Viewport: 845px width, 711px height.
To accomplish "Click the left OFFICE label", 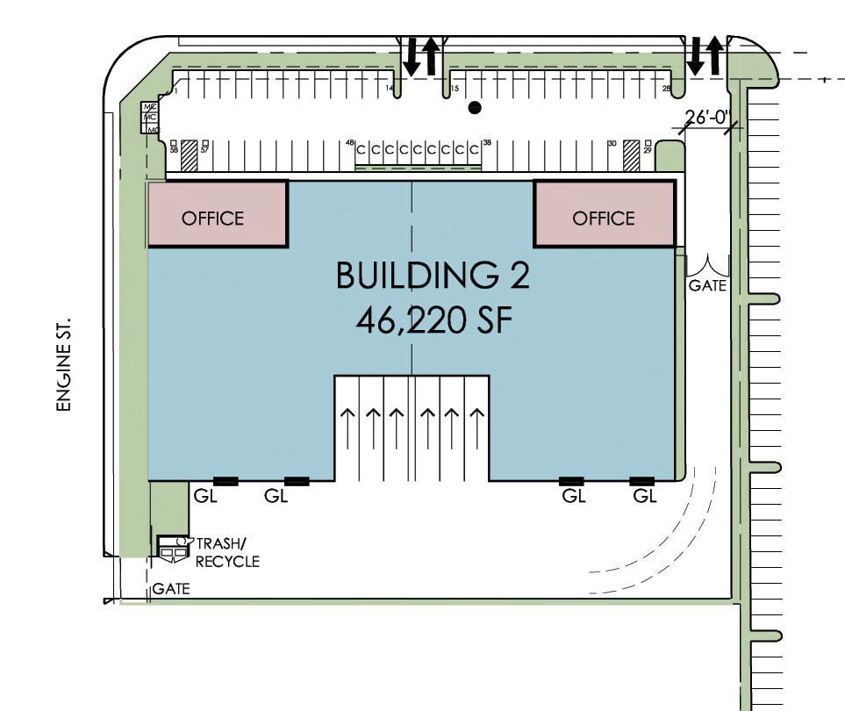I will point(212,218).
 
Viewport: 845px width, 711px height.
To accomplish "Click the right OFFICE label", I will point(603,218).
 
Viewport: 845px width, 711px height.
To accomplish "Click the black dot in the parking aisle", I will point(475,108).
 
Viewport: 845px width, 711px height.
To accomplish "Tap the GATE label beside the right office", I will point(707,285).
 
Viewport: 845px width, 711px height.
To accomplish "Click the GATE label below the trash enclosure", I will point(171,589).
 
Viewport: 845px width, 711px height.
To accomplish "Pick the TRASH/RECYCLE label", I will point(227,552).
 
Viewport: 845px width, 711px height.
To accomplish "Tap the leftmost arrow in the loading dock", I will point(350,430).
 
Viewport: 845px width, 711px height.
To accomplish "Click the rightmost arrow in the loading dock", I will point(476,430).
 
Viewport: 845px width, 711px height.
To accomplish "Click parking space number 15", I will point(455,89).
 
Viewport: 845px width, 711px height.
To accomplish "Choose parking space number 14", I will point(390,89).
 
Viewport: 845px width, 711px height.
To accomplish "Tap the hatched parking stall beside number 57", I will point(188,155).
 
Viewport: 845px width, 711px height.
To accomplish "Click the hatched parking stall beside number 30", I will point(631,155).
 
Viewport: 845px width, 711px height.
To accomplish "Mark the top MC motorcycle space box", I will point(150,107).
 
